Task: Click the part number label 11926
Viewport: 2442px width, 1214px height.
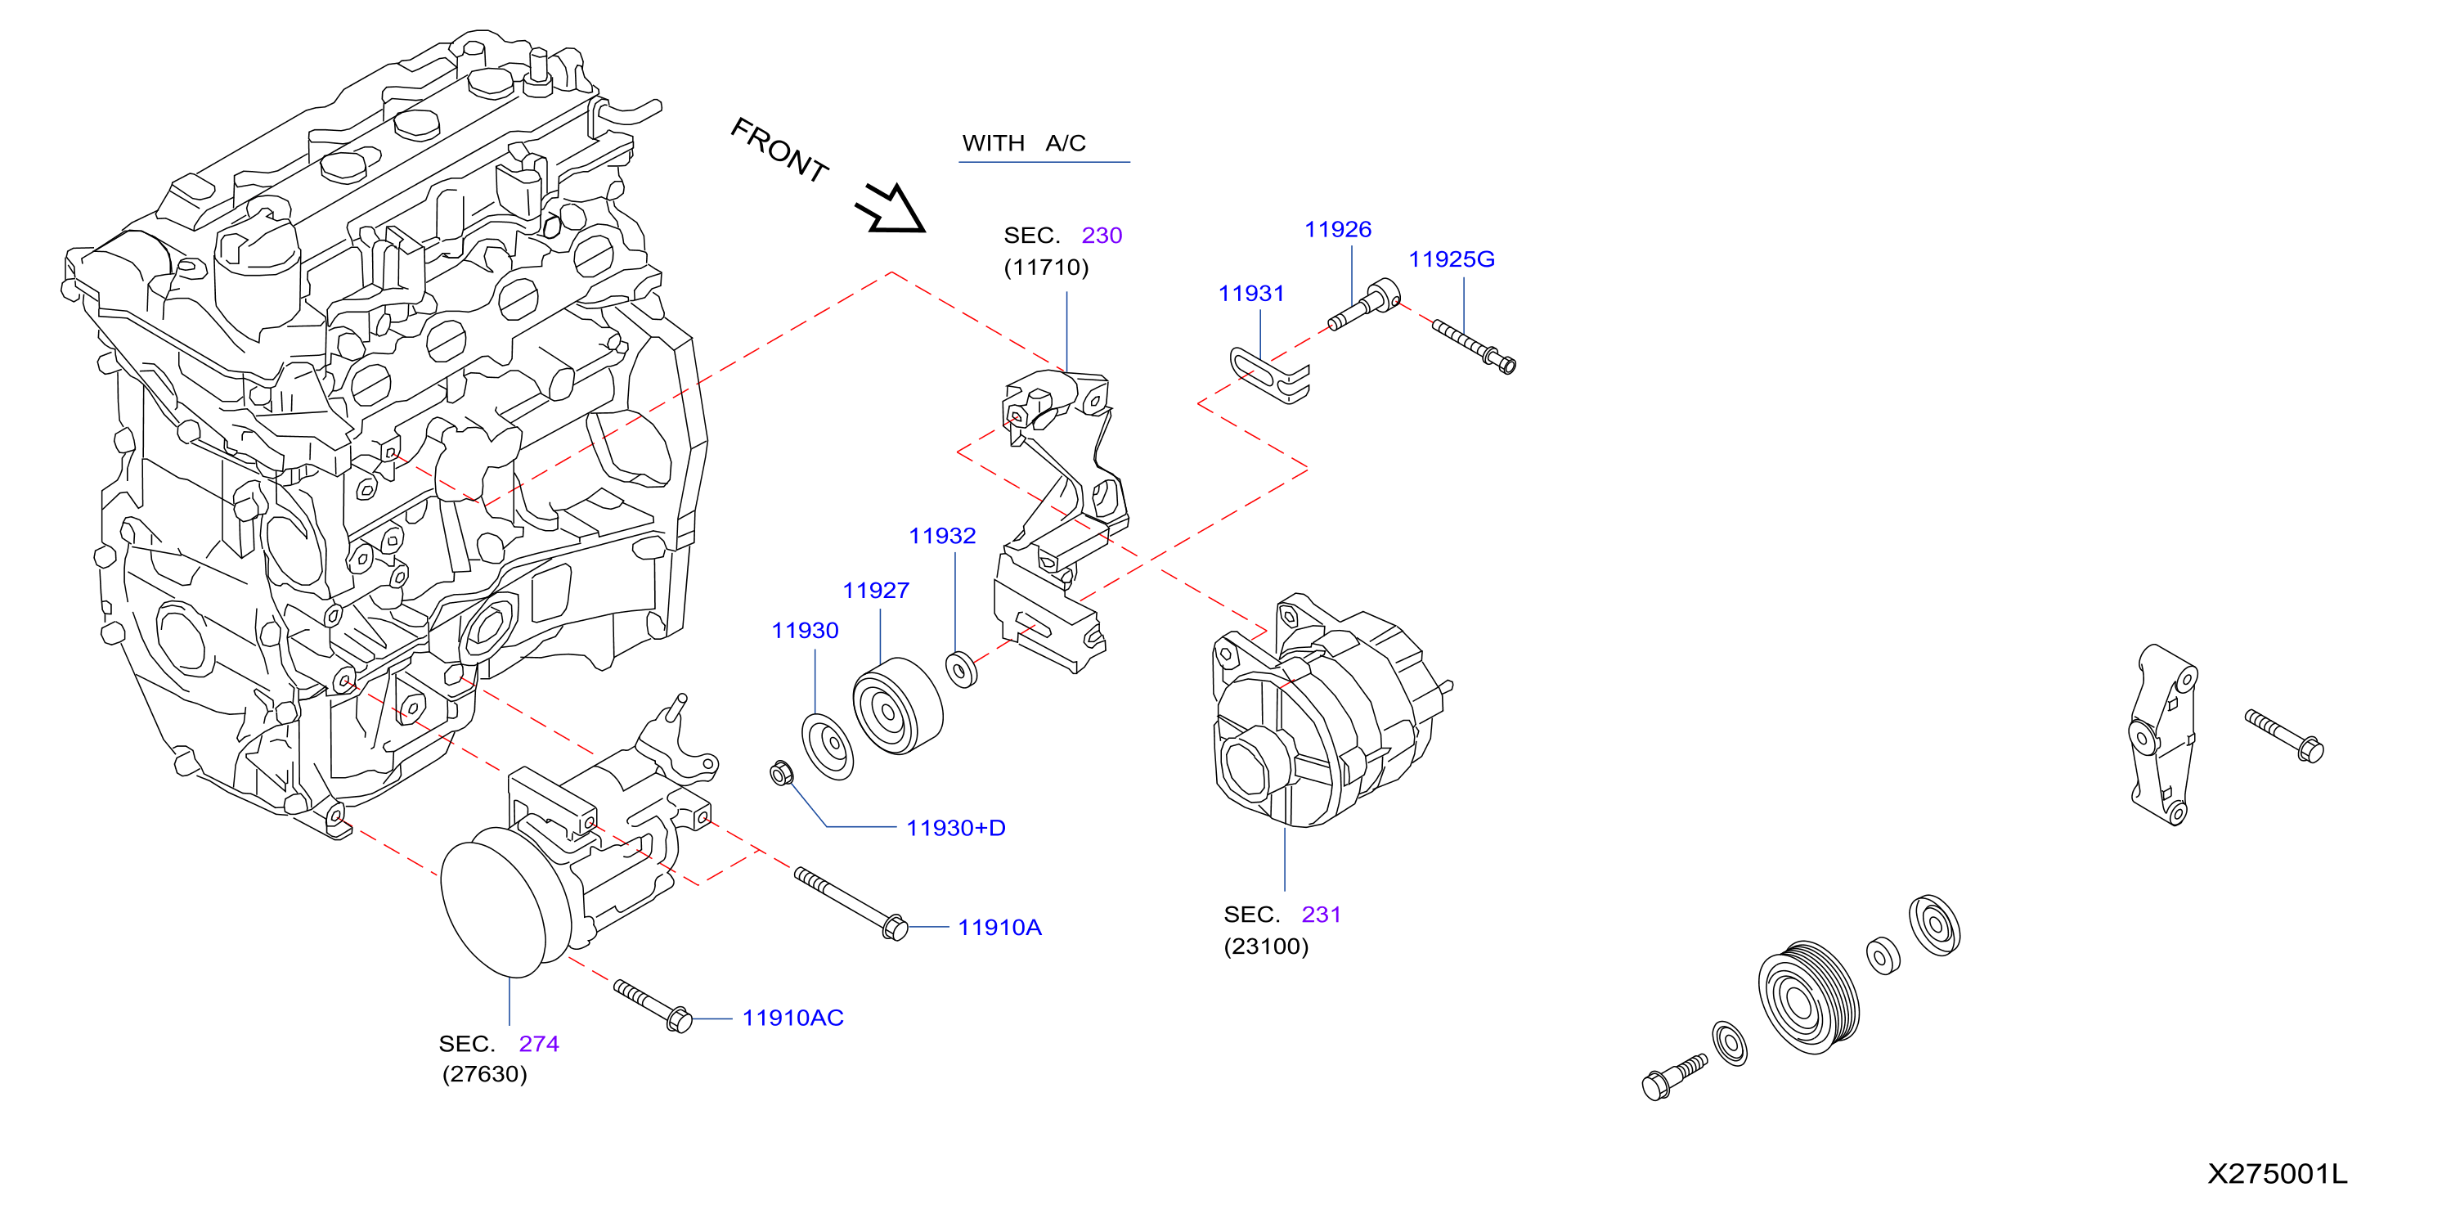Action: pos(1338,230)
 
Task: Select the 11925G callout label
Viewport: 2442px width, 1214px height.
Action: pos(1452,259)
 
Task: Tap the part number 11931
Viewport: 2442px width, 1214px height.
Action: pos(1251,294)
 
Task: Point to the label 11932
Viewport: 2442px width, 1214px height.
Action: pos(942,536)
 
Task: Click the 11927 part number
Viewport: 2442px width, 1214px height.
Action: pos(876,591)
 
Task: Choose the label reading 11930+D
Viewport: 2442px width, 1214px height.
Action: pos(955,828)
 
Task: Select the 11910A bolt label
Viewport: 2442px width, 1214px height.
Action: pos(999,928)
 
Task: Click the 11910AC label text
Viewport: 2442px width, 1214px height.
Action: pos(792,1018)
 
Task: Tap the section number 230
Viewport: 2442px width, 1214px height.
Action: pos(1102,236)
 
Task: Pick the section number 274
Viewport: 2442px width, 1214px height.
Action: pos(538,1044)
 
